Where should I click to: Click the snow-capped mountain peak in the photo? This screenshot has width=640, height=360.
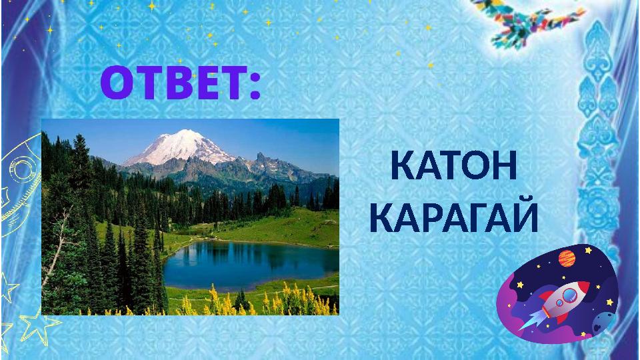(175, 141)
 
